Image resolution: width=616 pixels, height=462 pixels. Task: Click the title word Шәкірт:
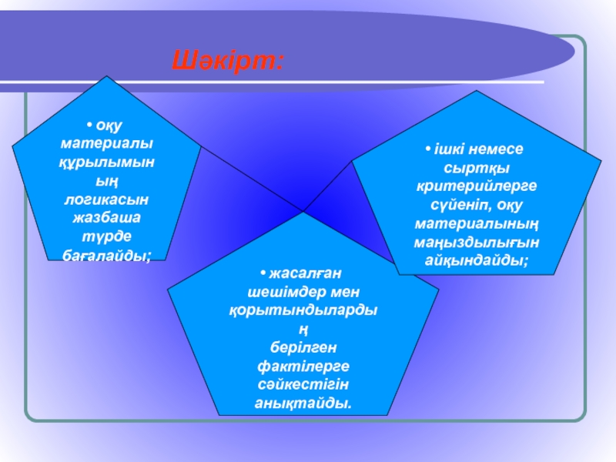point(227,60)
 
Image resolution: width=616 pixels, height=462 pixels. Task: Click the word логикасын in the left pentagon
point(106,199)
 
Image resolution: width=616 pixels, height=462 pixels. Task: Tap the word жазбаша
point(106,218)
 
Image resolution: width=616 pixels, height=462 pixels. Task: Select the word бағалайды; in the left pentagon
point(106,255)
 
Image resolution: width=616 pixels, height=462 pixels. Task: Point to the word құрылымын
point(106,162)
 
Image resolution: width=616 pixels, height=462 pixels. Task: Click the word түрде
point(106,236)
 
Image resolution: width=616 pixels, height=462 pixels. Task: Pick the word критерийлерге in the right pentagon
point(477,187)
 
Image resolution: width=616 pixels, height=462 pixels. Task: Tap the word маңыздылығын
point(477,243)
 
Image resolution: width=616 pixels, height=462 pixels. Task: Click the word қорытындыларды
point(303,310)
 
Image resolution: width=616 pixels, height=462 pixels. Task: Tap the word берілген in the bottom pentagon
point(303,347)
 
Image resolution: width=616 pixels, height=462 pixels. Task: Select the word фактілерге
point(303,366)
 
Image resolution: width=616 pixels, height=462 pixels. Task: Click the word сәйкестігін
point(303,384)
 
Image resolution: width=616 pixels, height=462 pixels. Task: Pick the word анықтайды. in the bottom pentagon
point(303,403)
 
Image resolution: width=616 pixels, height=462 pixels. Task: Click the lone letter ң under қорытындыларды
point(303,329)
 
